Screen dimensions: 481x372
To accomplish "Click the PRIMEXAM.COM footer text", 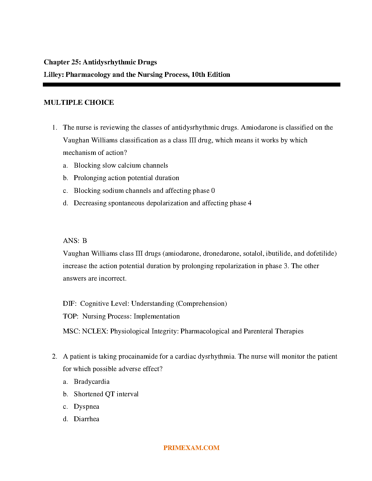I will point(191,448).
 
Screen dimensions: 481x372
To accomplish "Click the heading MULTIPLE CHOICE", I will point(79,103).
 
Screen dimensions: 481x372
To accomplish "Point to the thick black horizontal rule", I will point(191,85).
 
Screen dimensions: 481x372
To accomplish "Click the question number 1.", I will point(54,128).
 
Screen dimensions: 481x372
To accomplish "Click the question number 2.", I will point(54,356).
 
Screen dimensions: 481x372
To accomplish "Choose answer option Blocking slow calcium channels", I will point(121,165).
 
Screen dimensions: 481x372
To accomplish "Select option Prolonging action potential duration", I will point(126,178).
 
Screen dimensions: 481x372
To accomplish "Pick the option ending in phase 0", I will point(144,191).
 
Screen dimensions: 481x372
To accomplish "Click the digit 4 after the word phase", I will point(250,203).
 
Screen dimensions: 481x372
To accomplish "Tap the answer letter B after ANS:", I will point(84,241).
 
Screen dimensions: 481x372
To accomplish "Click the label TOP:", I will point(71,316).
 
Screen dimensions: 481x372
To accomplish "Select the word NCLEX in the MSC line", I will point(95,331).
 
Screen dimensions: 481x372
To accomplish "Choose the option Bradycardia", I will point(91,382).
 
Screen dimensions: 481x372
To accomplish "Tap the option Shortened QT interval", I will point(106,394).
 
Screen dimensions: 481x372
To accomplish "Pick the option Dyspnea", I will point(86,407).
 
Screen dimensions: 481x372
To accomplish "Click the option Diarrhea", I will point(86,419).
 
